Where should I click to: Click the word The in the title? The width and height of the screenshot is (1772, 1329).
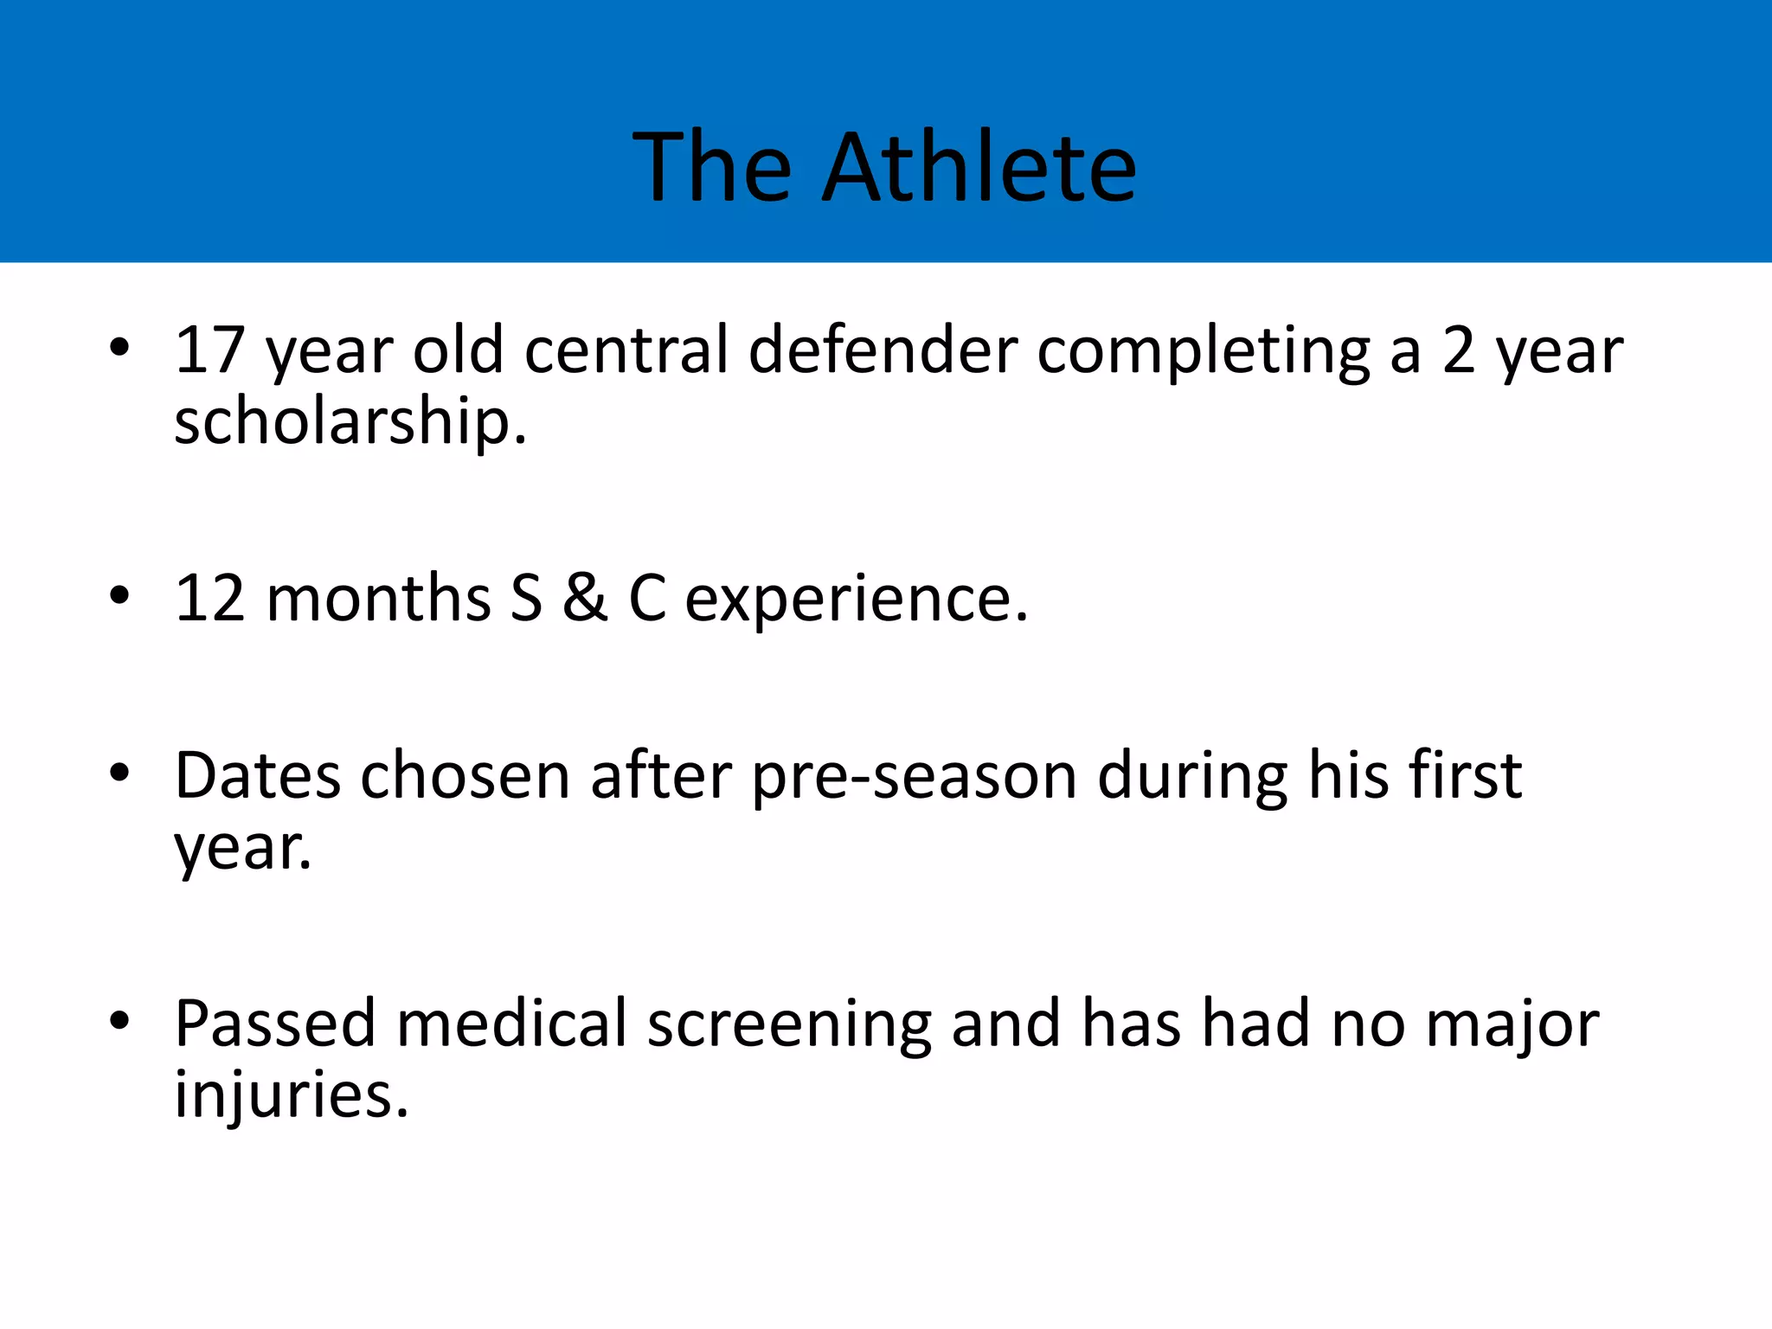[712, 167]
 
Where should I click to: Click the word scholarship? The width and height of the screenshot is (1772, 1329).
[350, 423]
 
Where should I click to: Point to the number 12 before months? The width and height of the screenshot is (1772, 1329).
[210, 598]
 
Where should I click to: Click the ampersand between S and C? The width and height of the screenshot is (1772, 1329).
[585, 598]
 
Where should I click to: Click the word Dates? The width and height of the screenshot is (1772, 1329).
[257, 775]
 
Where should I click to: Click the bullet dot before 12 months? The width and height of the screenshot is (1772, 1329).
[119, 595]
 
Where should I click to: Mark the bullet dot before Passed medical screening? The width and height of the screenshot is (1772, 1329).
[119, 1020]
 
